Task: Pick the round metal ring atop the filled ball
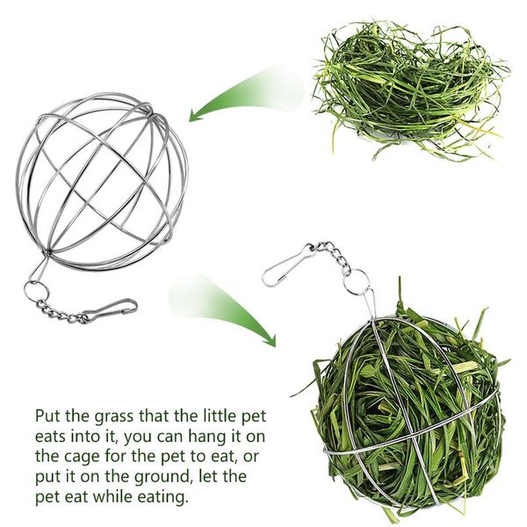click(357, 283)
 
